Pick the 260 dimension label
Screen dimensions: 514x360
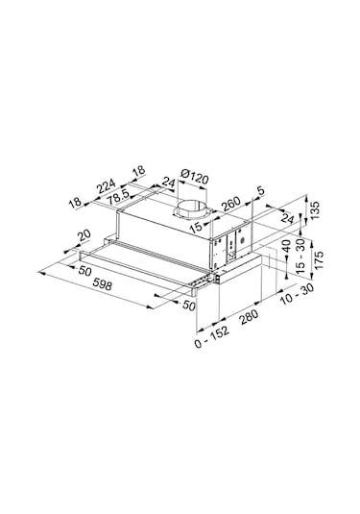(230, 204)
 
